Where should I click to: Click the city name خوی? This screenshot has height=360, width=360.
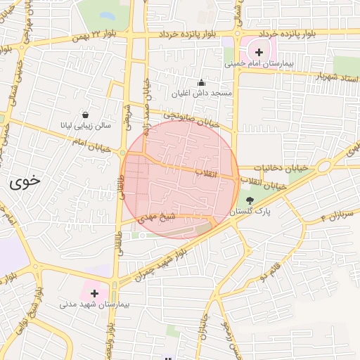point(25,181)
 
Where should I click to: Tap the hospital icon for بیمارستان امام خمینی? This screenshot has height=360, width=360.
point(259,52)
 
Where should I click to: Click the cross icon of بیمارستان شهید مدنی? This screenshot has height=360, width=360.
point(94,292)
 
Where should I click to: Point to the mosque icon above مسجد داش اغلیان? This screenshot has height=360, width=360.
point(202,82)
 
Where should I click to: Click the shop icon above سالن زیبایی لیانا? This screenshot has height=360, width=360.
point(85,115)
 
